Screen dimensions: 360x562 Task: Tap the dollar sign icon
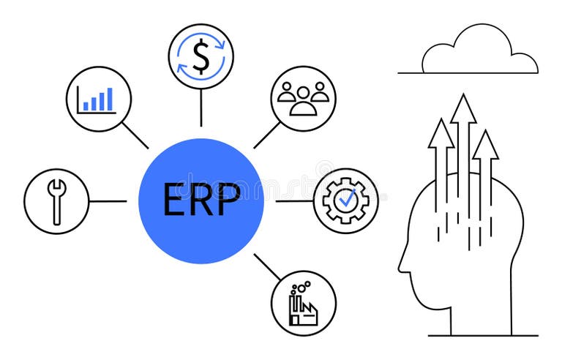tap(201, 56)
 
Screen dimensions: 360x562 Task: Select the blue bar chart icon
tap(98, 99)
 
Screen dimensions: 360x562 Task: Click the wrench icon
tap(56, 200)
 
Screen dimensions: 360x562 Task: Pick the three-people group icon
tap(302, 99)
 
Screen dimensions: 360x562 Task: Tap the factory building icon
tap(302, 304)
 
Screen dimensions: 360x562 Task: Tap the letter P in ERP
tap(228, 200)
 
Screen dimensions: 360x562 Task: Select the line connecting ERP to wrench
tap(108, 201)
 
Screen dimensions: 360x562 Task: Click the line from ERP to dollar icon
tap(201, 108)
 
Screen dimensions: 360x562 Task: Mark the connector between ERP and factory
tap(267, 267)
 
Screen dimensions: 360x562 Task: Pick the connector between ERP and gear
tap(293, 200)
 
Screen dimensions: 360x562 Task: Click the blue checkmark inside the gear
tap(348, 197)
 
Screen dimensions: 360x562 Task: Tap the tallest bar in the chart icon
tap(110, 100)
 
